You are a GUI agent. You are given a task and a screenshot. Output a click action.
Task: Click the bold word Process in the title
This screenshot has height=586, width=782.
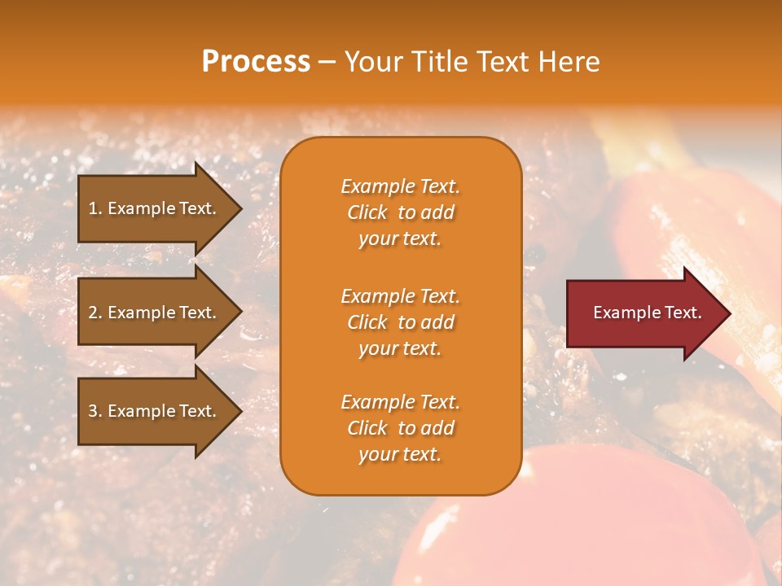[x=256, y=62]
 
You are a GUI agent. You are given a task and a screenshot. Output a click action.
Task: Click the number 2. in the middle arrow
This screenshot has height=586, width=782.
[x=95, y=313]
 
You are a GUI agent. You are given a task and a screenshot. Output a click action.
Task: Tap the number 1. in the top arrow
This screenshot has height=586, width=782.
[x=94, y=208]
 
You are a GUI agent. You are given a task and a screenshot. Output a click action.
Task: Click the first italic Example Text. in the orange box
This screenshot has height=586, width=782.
[x=400, y=186]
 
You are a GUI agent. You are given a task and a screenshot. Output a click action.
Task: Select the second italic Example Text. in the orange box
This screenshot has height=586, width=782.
[x=400, y=296]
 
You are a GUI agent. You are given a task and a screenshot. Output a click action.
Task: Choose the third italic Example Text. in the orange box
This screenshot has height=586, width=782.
[x=400, y=402]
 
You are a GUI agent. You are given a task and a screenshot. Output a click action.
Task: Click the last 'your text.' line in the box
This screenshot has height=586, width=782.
[x=400, y=455]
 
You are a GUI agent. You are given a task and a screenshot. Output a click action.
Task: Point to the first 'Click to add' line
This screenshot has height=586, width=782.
[x=400, y=213]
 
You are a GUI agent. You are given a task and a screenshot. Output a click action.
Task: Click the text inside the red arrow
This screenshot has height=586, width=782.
[x=647, y=313]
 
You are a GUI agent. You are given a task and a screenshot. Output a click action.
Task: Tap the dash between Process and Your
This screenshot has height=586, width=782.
[x=327, y=63]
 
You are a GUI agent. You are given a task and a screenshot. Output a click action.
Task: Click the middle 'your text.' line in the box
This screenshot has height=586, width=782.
[x=400, y=348]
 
